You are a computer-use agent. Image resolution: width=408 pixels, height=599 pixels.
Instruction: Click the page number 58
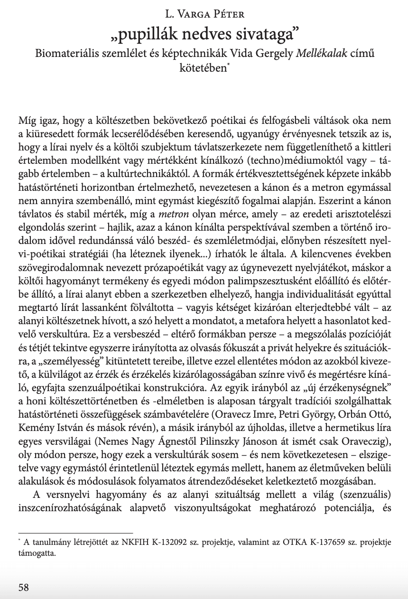(x=23, y=588)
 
